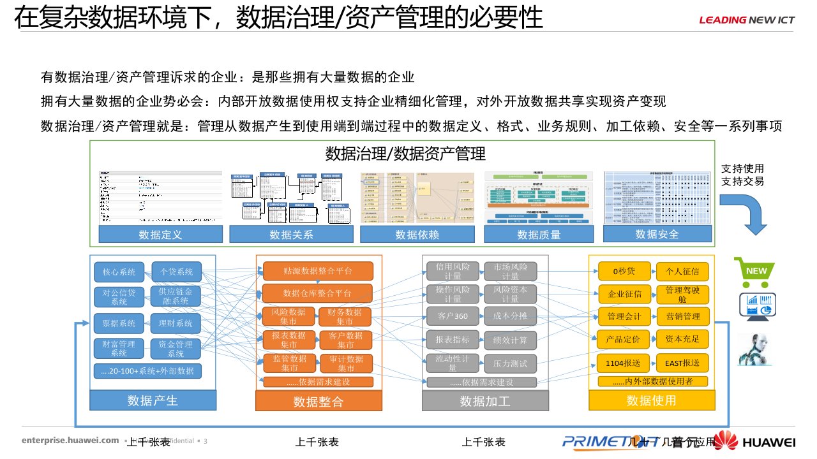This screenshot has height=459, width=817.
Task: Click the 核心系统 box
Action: click(119, 272)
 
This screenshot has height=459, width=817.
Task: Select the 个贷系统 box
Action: click(176, 272)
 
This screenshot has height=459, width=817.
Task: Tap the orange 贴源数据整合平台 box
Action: click(317, 271)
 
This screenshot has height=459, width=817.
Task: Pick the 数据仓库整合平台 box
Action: click(317, 293)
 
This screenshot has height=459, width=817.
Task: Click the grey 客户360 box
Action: click(453, 316)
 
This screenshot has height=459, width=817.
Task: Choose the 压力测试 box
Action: click(510, 363)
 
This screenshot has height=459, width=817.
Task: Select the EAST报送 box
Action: click(682, 363)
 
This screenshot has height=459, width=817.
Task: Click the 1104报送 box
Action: click(625, 363)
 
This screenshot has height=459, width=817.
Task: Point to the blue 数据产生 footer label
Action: click(153, 400)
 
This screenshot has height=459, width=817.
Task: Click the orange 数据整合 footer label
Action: click(319, 402)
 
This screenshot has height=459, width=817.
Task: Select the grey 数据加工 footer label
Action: click(485, 401)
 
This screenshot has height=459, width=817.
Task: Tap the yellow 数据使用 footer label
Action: click(651, 400)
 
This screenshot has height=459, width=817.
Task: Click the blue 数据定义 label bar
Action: click(161, 235)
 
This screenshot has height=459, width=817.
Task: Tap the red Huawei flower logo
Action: click(725, 441)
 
